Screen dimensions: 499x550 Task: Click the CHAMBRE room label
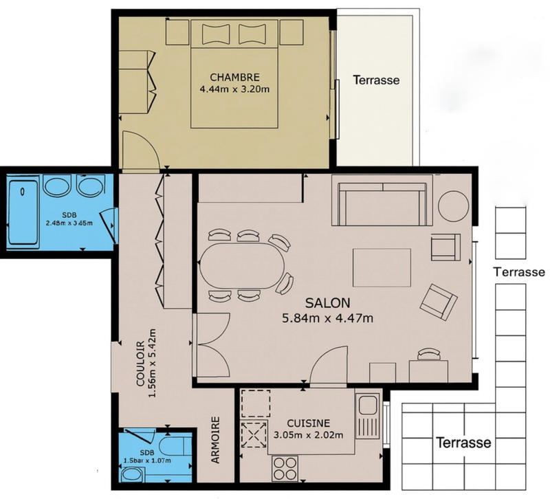tap(235, 76)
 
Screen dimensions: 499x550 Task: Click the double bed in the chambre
tap(235, 76)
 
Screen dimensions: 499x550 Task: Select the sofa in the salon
tap(382, 201)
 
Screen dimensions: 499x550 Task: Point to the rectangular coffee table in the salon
tap(382, 267)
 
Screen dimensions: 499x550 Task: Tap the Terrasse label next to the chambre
tap(376, 80)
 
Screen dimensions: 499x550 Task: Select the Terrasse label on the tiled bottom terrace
tap(463, 442)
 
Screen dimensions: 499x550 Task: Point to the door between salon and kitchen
tap(330, 364)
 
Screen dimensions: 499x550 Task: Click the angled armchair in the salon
tap(438, 300)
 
